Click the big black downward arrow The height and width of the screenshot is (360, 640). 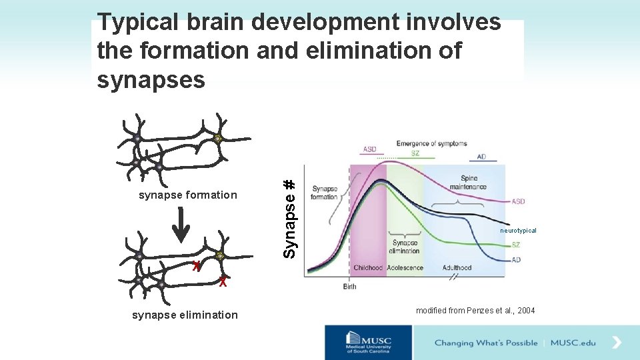pos(181,231)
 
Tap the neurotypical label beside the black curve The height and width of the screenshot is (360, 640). pos(518,231)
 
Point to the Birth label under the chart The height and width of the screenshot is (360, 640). pos(350,287)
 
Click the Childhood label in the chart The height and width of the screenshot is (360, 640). pos(368,268)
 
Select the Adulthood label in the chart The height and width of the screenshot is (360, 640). pos(457,268)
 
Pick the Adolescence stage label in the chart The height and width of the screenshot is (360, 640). pos(405,268)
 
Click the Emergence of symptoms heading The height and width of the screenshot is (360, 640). pos(431,143)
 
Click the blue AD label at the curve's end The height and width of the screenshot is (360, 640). pos(516,260)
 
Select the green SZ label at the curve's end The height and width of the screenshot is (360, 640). pos(516,245)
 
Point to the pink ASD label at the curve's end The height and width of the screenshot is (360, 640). pos(518,201)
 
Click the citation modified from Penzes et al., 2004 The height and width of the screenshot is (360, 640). pos(475,311)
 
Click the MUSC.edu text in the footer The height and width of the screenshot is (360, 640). pos(573,343)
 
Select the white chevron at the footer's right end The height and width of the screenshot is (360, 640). pos(617,343)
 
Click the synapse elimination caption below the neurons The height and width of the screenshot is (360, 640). pos(185,315)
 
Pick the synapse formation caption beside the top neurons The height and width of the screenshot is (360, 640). pos(187,195)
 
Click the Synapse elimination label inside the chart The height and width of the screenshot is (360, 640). pos(405,247)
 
